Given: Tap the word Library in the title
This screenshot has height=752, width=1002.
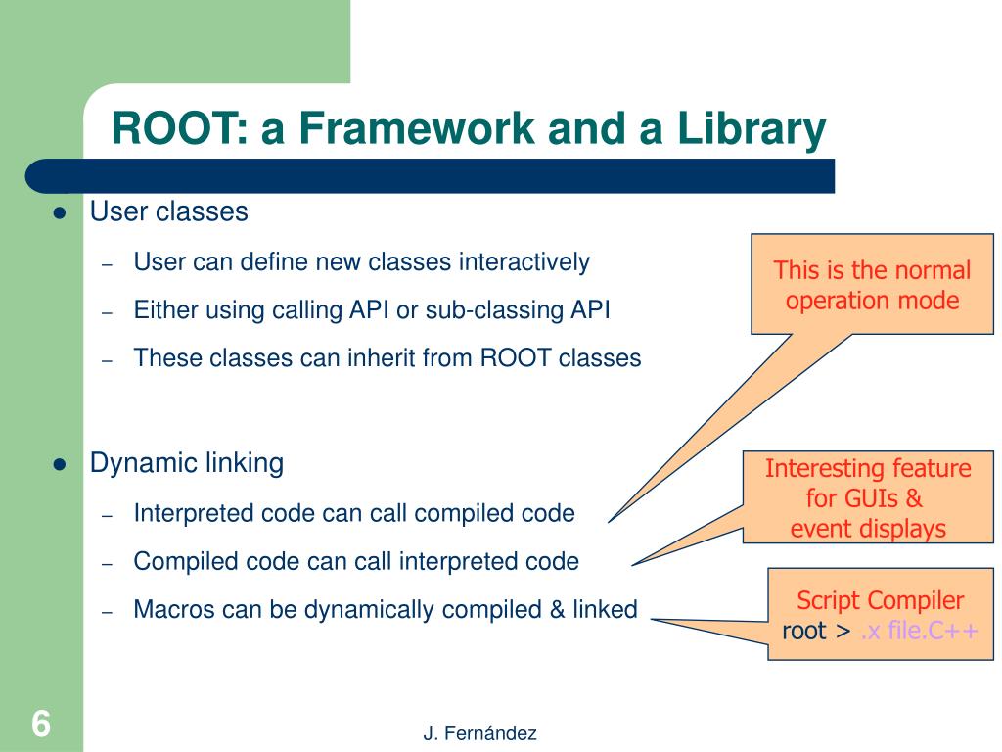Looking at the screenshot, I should pyautogui.click(x=748, y=129).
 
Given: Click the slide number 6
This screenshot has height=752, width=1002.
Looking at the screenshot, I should pyautogui.click(x=40, y=725).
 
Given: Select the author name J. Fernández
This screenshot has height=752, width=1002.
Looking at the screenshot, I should pyautogui.click(x=479, y=733).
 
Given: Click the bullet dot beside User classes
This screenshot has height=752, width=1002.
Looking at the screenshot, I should pyautogui.click(x=59, y=213).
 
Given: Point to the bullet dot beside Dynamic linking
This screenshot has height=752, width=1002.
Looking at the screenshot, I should pyautogui.click(x=59, y=465).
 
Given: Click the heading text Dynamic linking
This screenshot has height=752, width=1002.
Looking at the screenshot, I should pyautogui.click(x=186, y=463).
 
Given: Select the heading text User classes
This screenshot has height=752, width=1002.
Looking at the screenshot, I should pyautogui.click(x=168, y=211).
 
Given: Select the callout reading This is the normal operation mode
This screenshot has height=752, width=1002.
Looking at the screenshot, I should pyautogui.click(x=872, y=285).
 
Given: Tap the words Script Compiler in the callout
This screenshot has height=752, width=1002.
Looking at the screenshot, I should pyautogui.click(x=880, y=601).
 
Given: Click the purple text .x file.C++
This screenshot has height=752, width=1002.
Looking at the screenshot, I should pyautogui.click(x=918, y=632).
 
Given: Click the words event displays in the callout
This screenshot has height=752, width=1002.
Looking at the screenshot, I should pyautogui.click(x=868, y=529).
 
